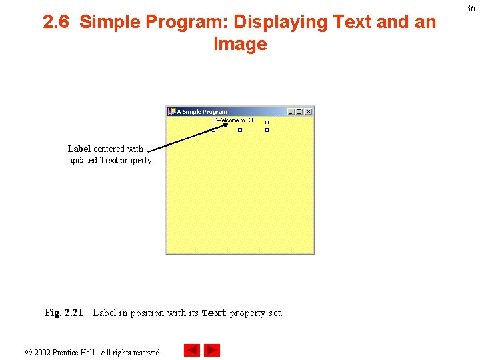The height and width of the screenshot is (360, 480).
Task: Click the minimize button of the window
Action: click(x=291, y=112)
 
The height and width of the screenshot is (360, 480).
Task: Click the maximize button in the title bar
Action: click(x=299, y=112)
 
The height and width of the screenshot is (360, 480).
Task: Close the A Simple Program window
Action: click(x=307, y=112)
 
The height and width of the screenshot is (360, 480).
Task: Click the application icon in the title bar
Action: click(x=171, y=112)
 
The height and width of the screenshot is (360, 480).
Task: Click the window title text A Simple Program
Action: click(x=202, y=112)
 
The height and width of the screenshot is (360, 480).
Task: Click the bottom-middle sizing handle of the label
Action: click(x=240, y=130)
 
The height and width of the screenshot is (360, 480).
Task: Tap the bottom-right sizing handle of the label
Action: click(x=267, y=130)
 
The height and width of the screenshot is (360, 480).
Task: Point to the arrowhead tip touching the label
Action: click(x=226, y=123)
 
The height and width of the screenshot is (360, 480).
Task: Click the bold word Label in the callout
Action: click(x=79, y=149)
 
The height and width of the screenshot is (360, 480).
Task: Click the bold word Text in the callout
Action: click(x=109, y=161)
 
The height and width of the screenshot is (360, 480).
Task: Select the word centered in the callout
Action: click(x=109, y=149)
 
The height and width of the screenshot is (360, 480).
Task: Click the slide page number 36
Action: click(x=471, y=9)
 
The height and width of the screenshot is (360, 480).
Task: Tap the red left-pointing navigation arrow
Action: click(x=191, y=351)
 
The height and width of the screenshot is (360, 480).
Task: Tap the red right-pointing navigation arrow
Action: click(x=212, y=351)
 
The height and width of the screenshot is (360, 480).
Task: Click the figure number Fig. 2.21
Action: click(x=63, y=313)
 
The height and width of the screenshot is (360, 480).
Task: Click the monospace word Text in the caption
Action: click(x=214, y=313)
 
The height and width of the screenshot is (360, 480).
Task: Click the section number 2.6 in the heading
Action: click(x=57, y=23)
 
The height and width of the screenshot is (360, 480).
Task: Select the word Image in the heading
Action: click(x=240, y=45)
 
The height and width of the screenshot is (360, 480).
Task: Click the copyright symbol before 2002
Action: click(x=28, y=352)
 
